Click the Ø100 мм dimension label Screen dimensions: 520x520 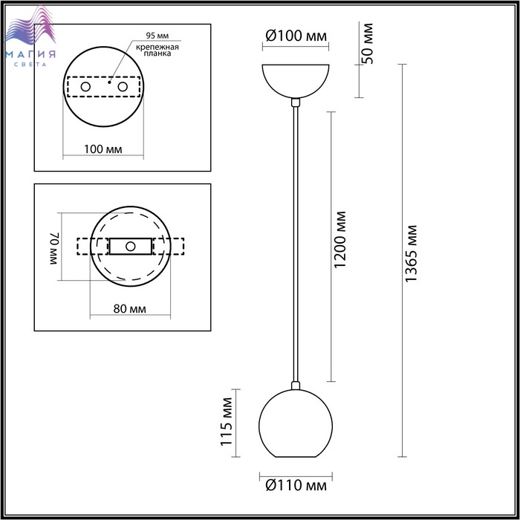296,36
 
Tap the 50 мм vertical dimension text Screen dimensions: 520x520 368,43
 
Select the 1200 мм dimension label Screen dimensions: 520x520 340,239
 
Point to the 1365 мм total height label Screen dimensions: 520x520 412,254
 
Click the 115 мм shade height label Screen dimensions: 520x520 227,421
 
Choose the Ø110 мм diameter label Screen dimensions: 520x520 296,486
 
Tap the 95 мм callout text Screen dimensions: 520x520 157,36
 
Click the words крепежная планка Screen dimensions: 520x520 157,50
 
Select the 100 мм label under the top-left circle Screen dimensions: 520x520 103,149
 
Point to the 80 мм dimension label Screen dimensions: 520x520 130,309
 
